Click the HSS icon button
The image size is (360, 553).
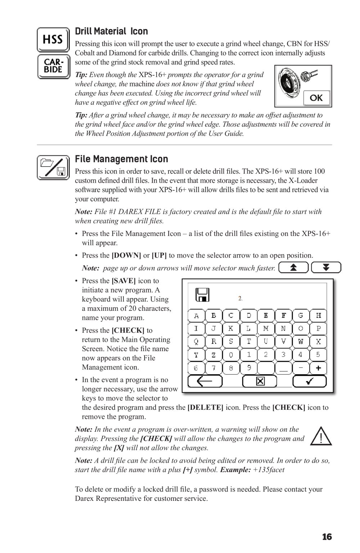pos(53,40)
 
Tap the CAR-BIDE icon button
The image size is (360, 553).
pos(53,66)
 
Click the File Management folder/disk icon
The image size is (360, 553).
pos(53,167)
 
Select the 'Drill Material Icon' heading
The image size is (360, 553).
pos(111,31)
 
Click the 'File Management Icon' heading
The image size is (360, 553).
pos(121,159)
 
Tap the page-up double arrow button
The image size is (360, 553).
pos(293,268)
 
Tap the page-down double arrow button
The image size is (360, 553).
pos(326,268)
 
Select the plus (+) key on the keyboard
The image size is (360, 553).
pos(318,368)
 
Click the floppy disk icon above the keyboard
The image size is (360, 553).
pos(202,295)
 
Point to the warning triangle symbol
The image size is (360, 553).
pos(320,436)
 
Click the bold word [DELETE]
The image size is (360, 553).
pos(205,408)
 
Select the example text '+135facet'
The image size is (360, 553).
pos(269,470)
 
